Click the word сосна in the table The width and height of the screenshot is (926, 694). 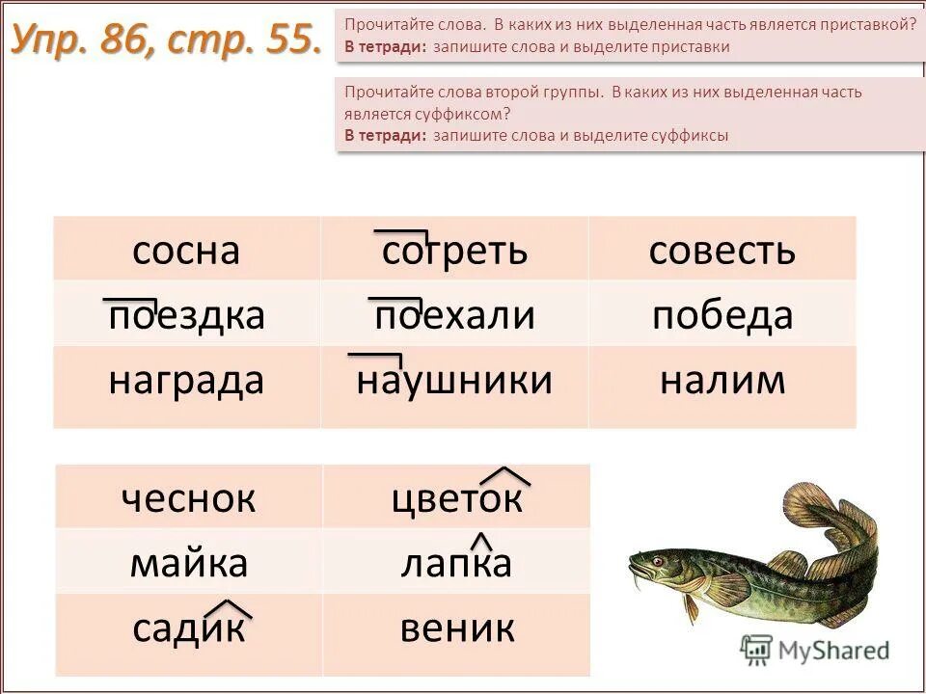[x=185, y=252]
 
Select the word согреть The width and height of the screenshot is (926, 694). [x=454, y=252]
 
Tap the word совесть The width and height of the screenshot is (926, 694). [x=722, y=252]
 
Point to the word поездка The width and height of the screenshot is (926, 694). [x=185, y=316]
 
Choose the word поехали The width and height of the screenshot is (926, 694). [x=454, y=316]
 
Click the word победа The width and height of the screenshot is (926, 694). [x=722, y=316]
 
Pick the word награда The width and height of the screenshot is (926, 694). [x=185, y=381]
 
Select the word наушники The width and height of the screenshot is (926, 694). [x=454, y=381]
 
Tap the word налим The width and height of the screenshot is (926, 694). [x=722, y=381]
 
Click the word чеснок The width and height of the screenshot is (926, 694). [x=189, y=498]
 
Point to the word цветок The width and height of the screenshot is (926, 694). [x=456, y=498]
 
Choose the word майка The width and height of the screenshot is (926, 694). [x=189, y=563]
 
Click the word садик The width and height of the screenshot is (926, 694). [x=189, y=629]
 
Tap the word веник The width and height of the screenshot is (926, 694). [x=456, y=629]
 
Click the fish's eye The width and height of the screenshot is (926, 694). [x=657, y=560]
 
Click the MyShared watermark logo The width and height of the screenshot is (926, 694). [x=815, y=649]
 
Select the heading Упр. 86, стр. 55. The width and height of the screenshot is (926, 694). [x=166, y=40]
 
